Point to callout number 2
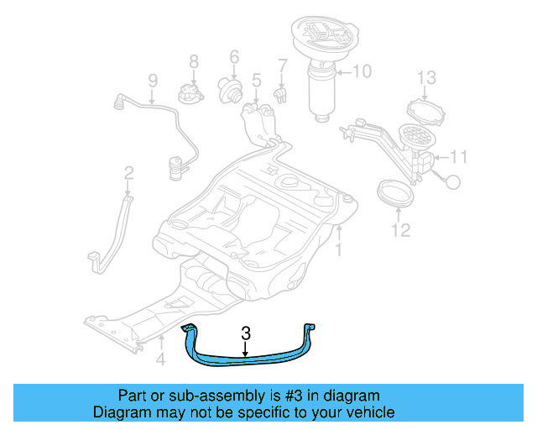[x=128, y=174]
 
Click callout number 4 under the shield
[x=159, y=363]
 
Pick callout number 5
[x=256, y=81]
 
